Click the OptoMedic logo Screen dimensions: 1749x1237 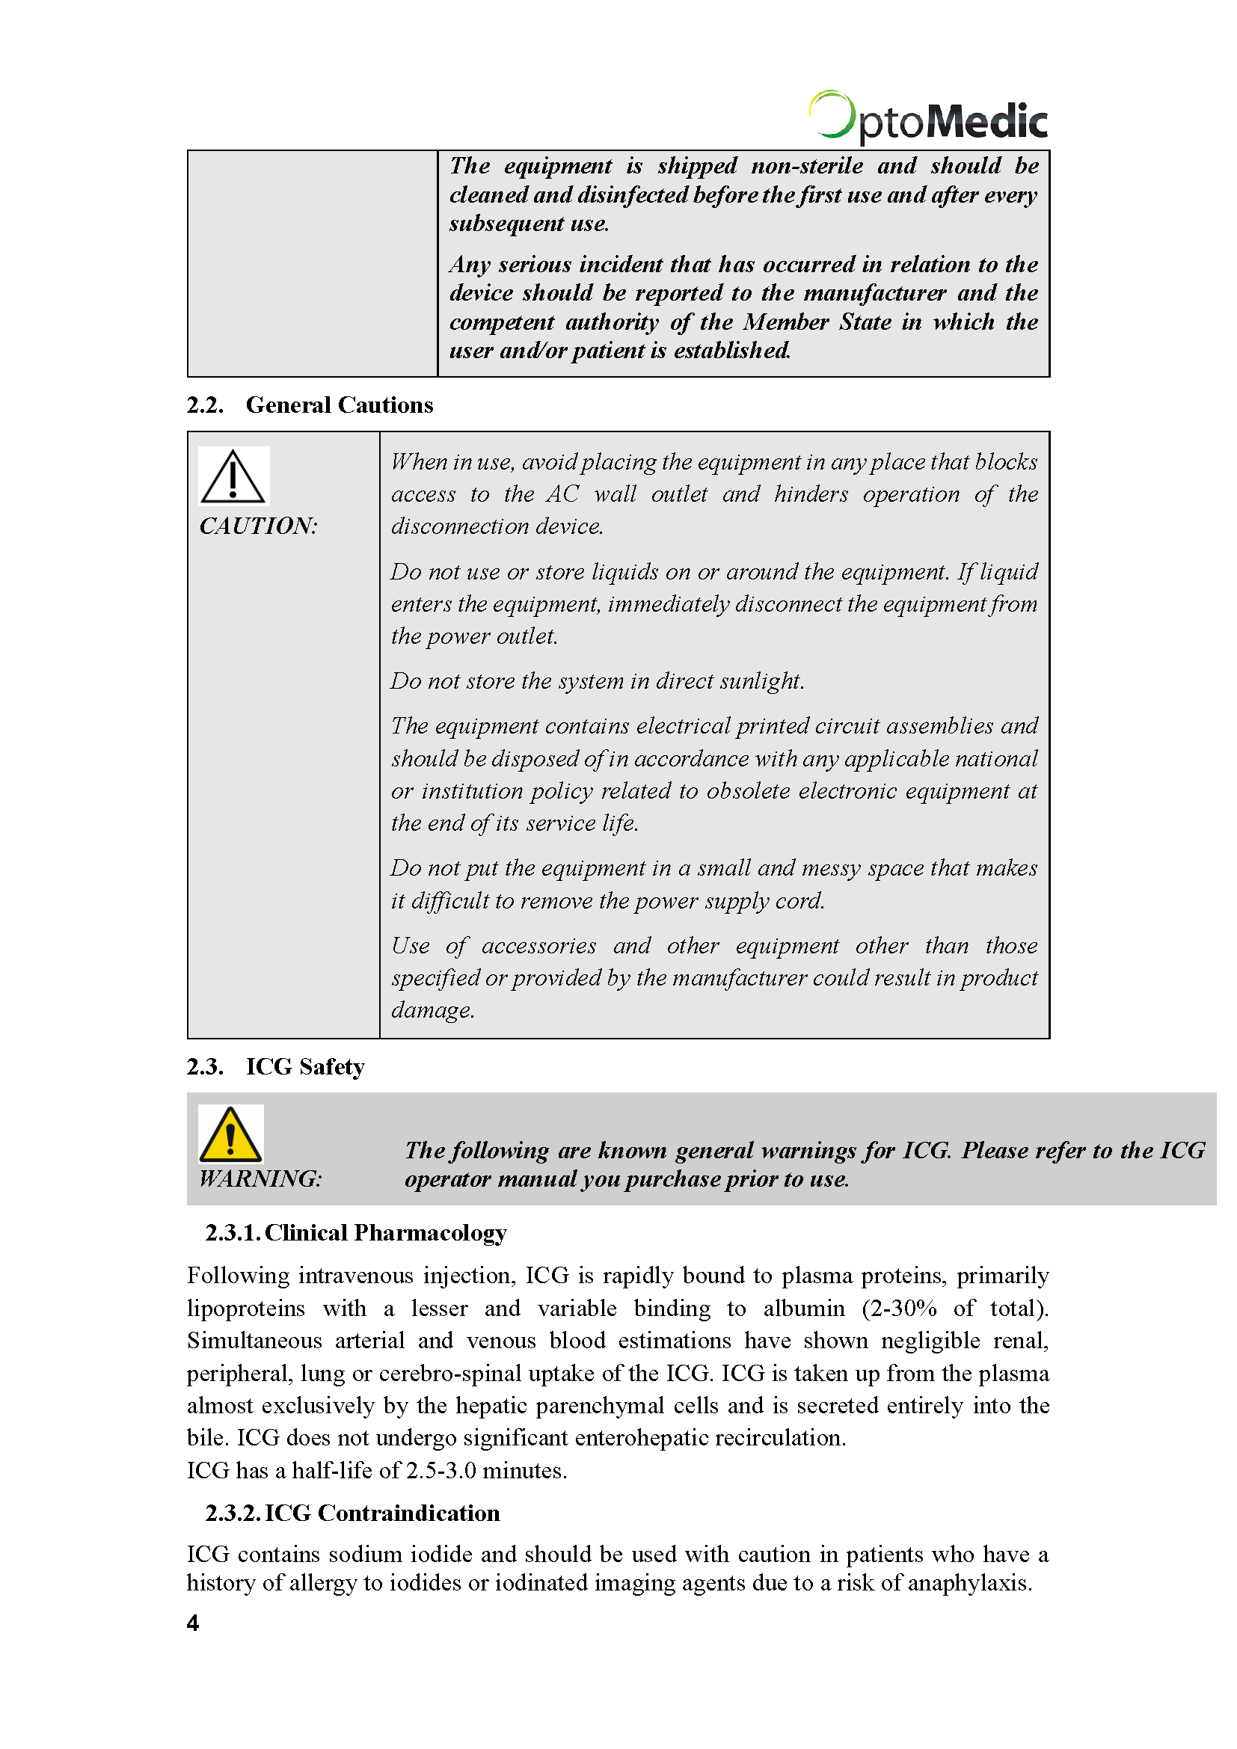point(927,118)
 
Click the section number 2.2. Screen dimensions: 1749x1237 point(205,405)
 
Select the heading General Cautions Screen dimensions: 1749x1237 point(339,405)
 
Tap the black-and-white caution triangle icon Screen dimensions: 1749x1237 point(233,476)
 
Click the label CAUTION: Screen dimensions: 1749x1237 point(258,526)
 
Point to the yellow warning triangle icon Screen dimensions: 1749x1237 point(230,1134)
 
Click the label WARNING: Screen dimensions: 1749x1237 point(260,1178)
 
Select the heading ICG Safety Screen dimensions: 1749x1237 point(304,1066)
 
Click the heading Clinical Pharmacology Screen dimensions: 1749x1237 point(385,1232)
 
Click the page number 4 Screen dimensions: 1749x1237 point(193,1623)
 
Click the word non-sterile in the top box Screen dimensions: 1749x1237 point(807,166)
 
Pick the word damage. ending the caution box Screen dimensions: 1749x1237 point(432,1010)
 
